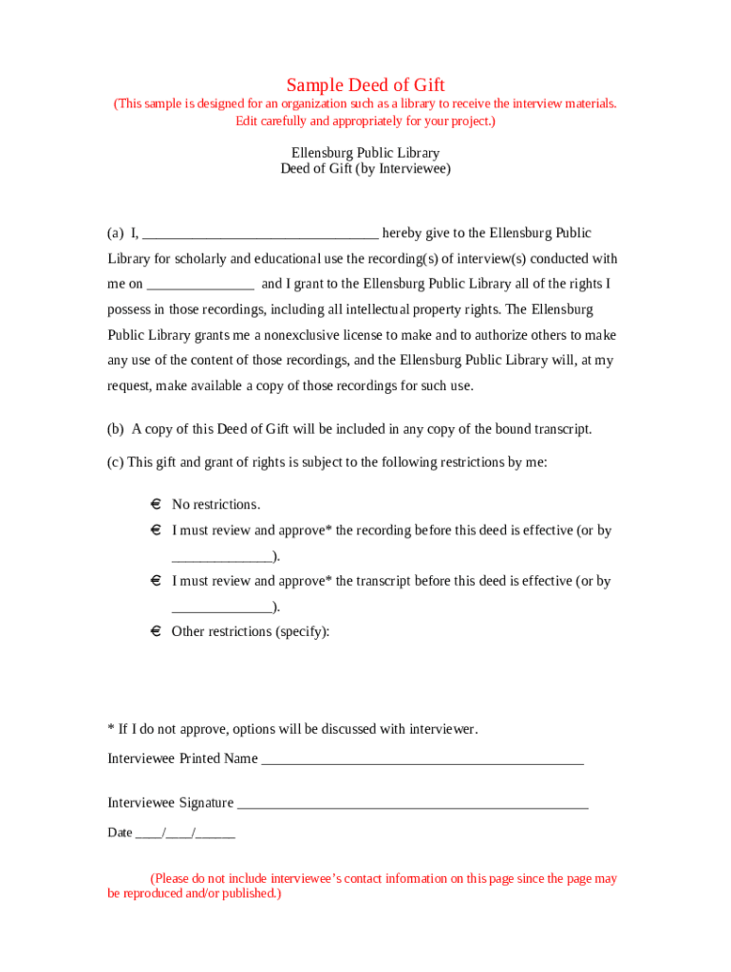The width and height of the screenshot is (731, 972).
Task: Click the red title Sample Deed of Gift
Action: pyautogui.click(x=365, y=85)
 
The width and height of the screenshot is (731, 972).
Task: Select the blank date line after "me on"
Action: pyautogui.click(x=200, y=285)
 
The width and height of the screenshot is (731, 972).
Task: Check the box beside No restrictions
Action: pyautogui.click(x=155, y=504)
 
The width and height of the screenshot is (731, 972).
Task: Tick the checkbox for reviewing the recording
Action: pyautogui.click(x=155, y=530)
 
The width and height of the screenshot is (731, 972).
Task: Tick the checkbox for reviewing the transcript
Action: pyautogui.click(x=155, y=580)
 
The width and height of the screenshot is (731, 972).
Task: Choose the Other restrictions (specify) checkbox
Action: pyautogui.click(x=155, y=631)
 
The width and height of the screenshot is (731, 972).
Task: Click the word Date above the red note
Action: pyautogui.click(x=120, y=833)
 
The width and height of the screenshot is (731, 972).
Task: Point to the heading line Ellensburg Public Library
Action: pyautogui.click(x=365, y=153)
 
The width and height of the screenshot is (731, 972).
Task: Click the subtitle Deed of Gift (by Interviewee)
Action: pyautogui.click(x=365, y=169)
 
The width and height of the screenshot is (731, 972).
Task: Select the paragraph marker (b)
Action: pyautogui.click(x=116, y=429)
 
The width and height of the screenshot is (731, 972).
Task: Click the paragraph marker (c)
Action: pyautogui.click(x=115, y=462)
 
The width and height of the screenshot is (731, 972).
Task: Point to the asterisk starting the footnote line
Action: pyautogui.click(x=110, y=728)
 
